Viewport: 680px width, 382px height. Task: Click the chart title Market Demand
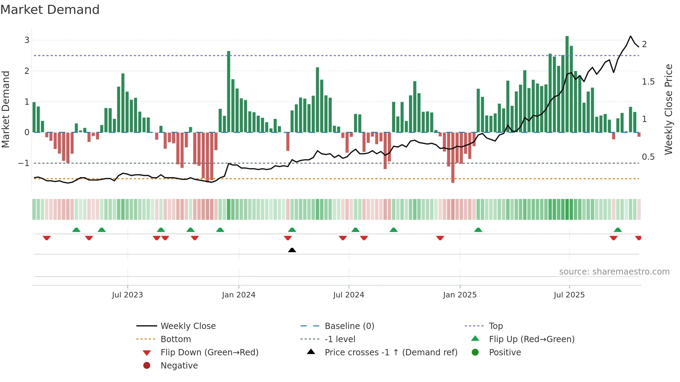tap(50, 10)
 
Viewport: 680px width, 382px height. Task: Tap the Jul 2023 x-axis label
tap(127, 295)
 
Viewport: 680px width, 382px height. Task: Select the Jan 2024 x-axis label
tap(239, 295)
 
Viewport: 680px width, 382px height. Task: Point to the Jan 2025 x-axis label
tap(460, 295)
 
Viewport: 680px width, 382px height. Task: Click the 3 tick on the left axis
tap(27, 40)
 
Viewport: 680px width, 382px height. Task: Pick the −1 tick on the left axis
tap(24, 163)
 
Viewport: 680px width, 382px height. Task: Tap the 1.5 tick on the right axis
tap(648, 82)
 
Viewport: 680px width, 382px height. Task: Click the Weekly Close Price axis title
tap(669, 109)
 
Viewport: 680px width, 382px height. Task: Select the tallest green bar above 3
tap(567, 83)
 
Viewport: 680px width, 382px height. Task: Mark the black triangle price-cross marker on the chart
tap(292, 250)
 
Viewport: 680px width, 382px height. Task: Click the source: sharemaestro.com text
tap(614, 272)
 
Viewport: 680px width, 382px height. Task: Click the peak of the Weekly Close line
tap(631, 36)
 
